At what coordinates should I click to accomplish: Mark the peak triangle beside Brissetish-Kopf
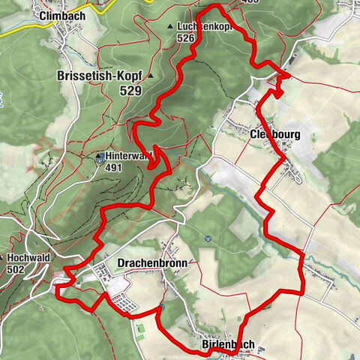[150, 76]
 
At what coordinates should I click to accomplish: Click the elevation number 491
[114, 169]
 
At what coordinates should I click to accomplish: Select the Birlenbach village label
[229, 344]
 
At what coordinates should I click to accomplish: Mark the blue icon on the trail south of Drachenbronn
[160, 306]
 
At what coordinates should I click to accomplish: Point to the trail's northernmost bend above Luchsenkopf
[217, 7]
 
